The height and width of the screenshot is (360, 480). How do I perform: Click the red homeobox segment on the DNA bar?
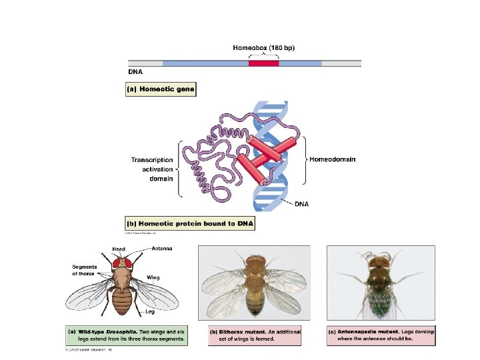click(263, 63)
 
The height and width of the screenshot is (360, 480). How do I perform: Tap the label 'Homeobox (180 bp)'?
click(263, 48)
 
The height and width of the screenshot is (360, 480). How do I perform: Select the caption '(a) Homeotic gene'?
click(161, 89)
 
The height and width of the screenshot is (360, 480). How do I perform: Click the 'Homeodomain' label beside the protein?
click(332, 160)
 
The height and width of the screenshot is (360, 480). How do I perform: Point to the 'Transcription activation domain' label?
click(152, 169)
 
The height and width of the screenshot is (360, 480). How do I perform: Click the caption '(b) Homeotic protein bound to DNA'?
click(190, 224)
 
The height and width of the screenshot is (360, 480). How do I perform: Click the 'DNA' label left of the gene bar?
click(135, 70)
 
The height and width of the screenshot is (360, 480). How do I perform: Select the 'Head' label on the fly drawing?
click(118, 249)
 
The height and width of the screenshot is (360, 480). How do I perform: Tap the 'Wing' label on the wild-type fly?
click(153, 277)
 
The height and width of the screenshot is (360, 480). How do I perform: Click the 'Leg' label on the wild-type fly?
click(151, 311)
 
